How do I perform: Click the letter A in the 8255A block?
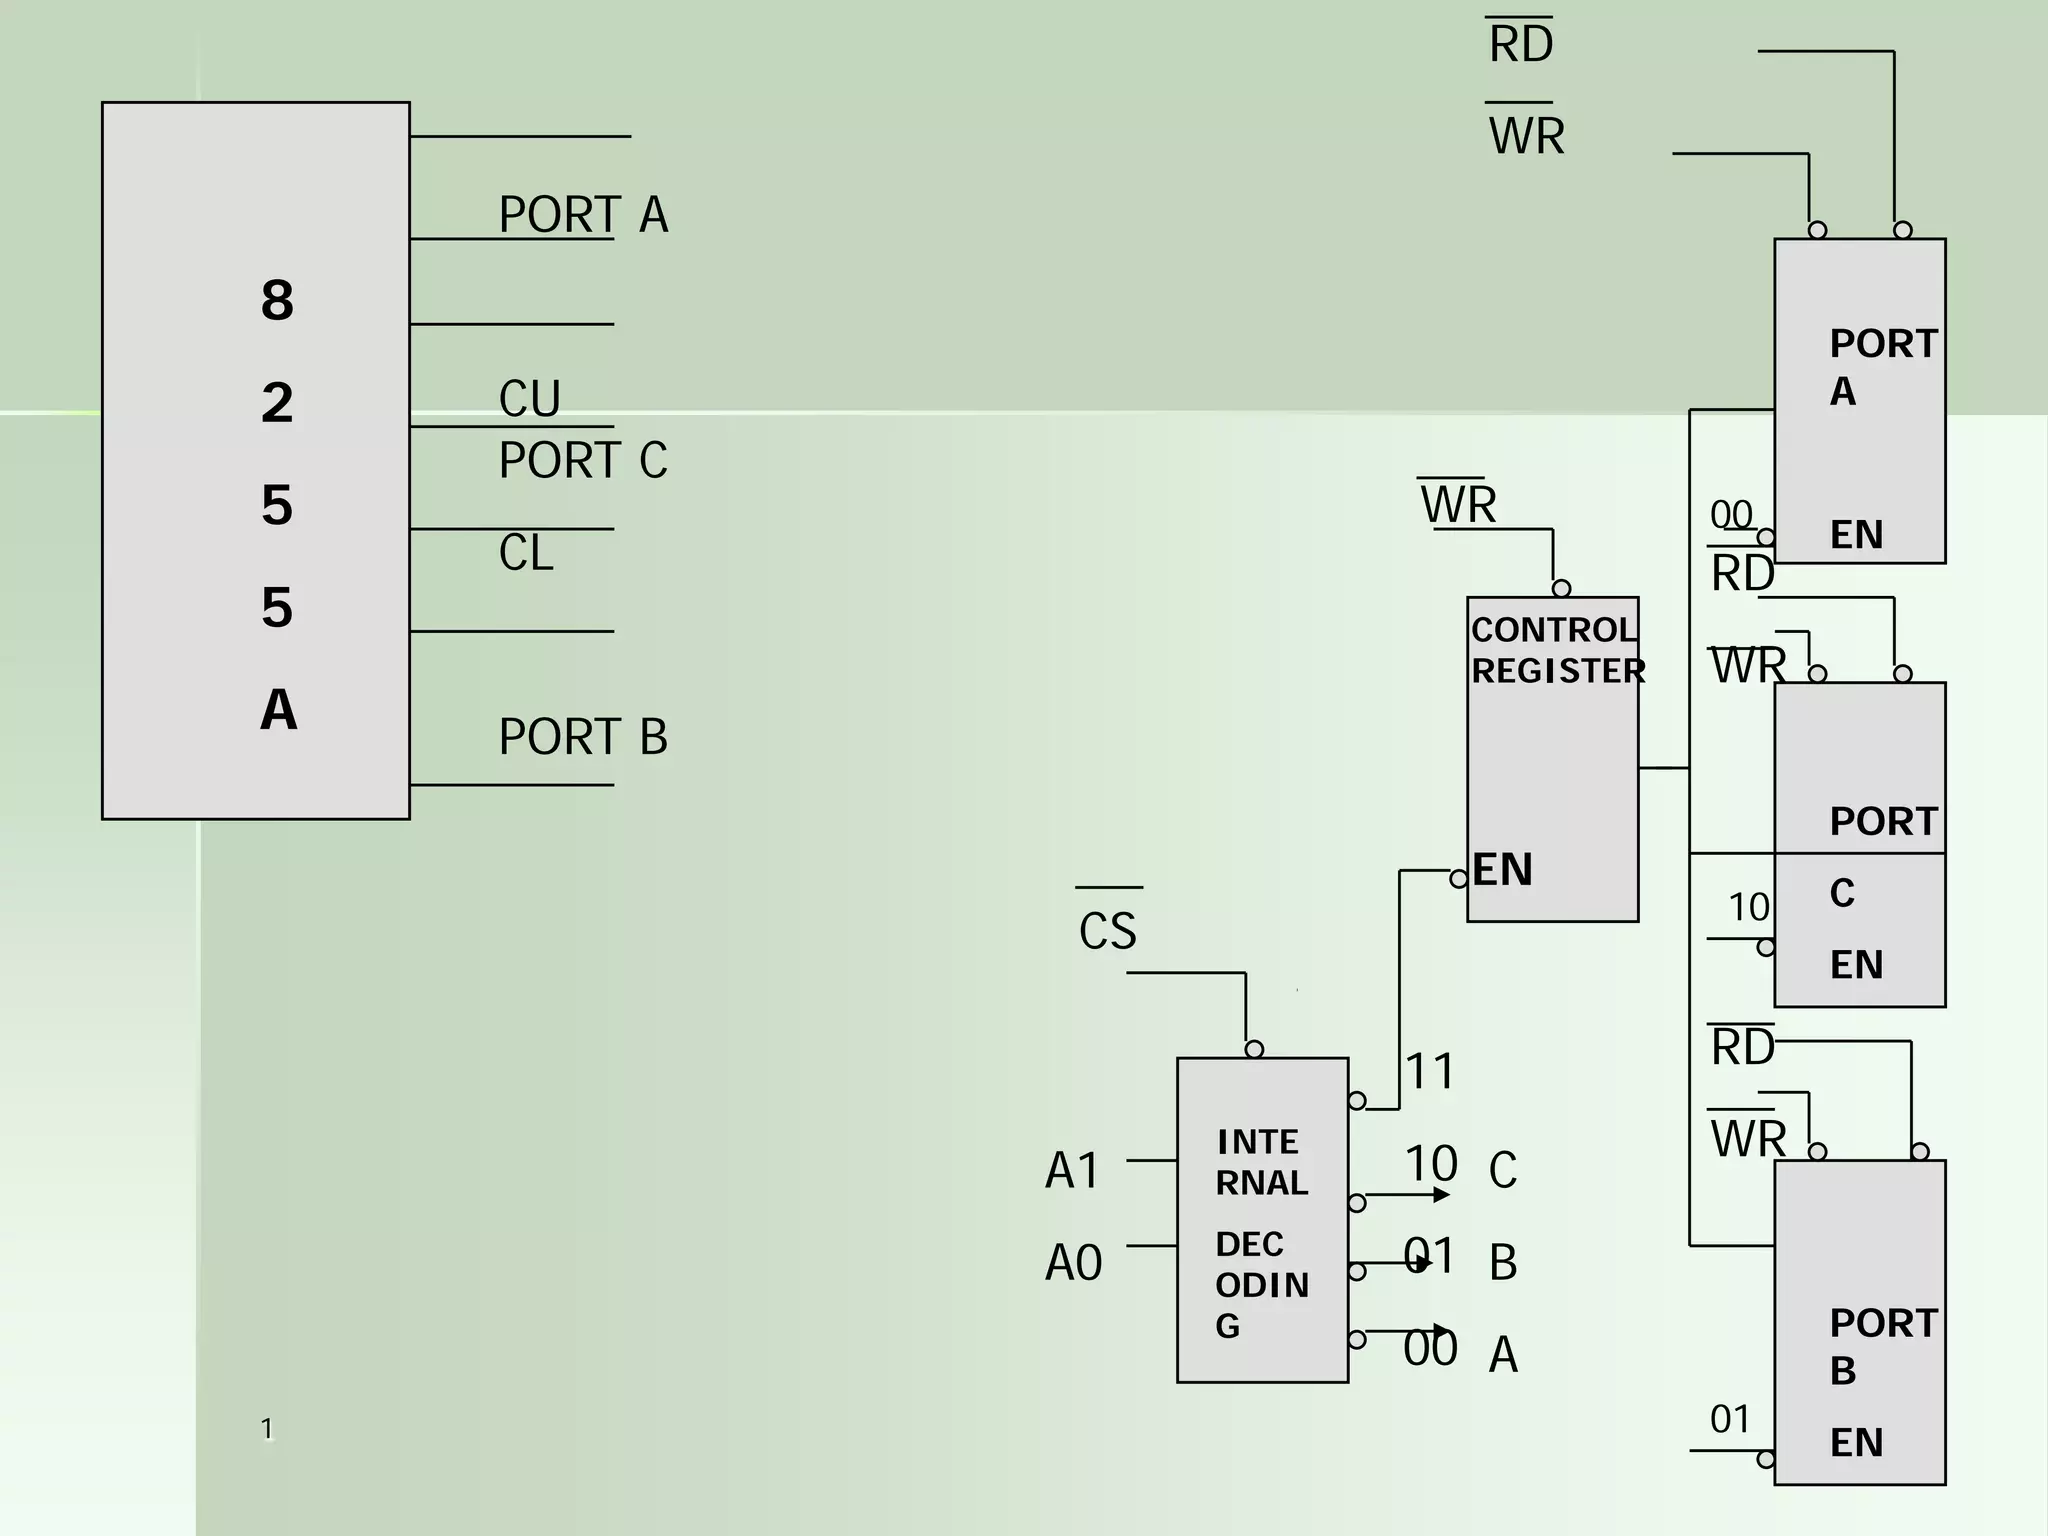pyautogui.click(x=278, y=710)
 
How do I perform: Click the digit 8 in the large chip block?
pyautogui.click(x=277, y=300)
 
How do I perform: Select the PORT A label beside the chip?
pyautogui.click(x=583, y=214)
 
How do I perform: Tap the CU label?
pyautogui.click(x=529, y=398)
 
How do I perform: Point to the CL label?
pyautogui.click(x=525, y=553)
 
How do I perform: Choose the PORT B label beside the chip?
pyautogui.click(x=583, y=737)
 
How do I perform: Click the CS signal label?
pyautogui.click(x=1107, y=931)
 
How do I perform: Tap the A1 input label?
pyautogui.click(x=1071, y=1170)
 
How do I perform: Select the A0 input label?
pyautogui.click(x=1073, y=1262)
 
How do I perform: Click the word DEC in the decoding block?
pyautogui.click(x=1249, y=1244)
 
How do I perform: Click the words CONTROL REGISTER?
pyautogui.click(x=1556, y=650)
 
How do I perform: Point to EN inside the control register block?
pyautogui.click(x=1502, y=869)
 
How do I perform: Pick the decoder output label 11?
pyautogui.click(x=1430, y=1071)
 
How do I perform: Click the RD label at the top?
pyautogui.click(x=1520, y=45)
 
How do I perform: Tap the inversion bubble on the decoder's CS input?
pyautogui.click(x=1254, y=1049)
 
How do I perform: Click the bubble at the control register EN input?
pyautogui.click(x=1459, y=879)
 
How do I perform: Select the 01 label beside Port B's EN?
pyautogui.click(x=1730, y=1419)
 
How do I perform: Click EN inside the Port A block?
pyautogui.click(x=1856, y=535)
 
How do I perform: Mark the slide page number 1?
pyautogui.click(x=267, y=1428)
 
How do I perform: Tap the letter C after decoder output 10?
pyautogui.click(x=1502, y=1169)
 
